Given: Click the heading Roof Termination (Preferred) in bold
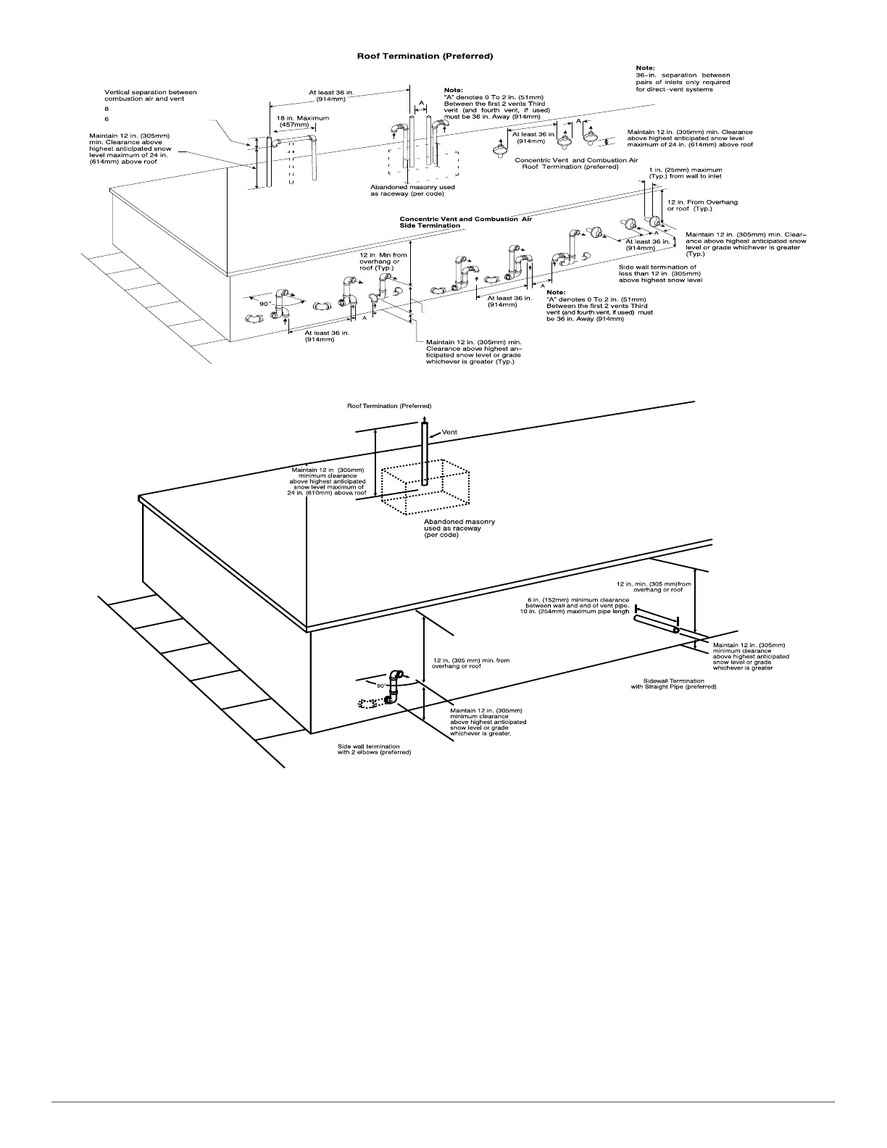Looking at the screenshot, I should (425, 56).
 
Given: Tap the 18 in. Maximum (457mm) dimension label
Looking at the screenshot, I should (302, 121).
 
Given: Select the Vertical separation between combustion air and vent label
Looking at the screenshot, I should (150, 96).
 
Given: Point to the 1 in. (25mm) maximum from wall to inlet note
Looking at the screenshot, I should (685, 172).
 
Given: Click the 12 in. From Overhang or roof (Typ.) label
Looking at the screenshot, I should (702, 205).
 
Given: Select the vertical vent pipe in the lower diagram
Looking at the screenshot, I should (425, 453).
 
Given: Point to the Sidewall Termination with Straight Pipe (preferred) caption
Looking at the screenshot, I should (673, 683).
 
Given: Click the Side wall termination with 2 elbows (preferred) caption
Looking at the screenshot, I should (374, 749).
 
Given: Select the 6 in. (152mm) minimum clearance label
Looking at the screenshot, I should (578, 605).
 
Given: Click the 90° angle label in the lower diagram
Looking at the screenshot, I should (381, 685).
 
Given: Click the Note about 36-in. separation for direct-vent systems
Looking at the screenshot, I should (683, 79).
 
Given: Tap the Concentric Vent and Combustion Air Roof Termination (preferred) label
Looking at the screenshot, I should (575, 163).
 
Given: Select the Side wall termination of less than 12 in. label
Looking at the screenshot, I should (659, 273).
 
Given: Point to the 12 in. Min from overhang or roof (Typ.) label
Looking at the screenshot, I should (383, 261).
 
